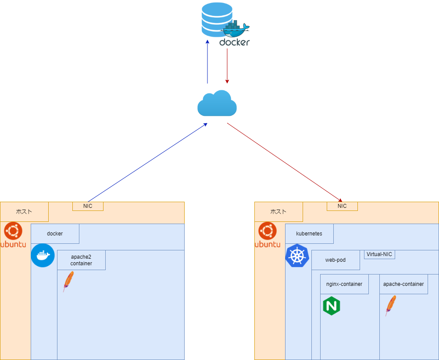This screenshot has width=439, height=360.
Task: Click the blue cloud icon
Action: point(217,103)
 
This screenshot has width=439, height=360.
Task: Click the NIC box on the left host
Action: point(88,206)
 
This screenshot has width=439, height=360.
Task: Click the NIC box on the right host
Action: point(342,206)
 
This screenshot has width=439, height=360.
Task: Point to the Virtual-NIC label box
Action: point(379,254)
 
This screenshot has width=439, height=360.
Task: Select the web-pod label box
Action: point(335,260)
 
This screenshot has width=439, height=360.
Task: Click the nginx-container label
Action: point(344,284)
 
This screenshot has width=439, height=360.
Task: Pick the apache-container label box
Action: point(403,284)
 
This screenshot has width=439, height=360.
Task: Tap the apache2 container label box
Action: point(81,260)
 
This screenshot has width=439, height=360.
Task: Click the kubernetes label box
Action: point(309,234)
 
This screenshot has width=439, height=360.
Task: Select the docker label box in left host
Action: point(55,234)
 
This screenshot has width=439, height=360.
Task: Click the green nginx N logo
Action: point(332,306)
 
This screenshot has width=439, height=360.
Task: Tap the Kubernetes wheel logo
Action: point(297,256)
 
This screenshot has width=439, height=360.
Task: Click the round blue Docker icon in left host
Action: point(43,255)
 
